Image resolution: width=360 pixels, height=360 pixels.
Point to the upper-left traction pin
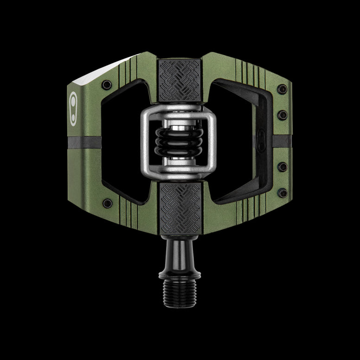pyautogui.click(x=107, y=84)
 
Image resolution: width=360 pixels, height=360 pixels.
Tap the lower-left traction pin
pyautogui.click(x=107, y=203)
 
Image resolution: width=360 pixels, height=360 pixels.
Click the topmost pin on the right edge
pyautogui.click(x=282, y=88)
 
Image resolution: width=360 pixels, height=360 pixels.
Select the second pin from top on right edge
pyautogui.click(x=282, y=114)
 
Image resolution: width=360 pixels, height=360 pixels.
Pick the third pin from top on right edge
pyautogui.click(x=282, y=167)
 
